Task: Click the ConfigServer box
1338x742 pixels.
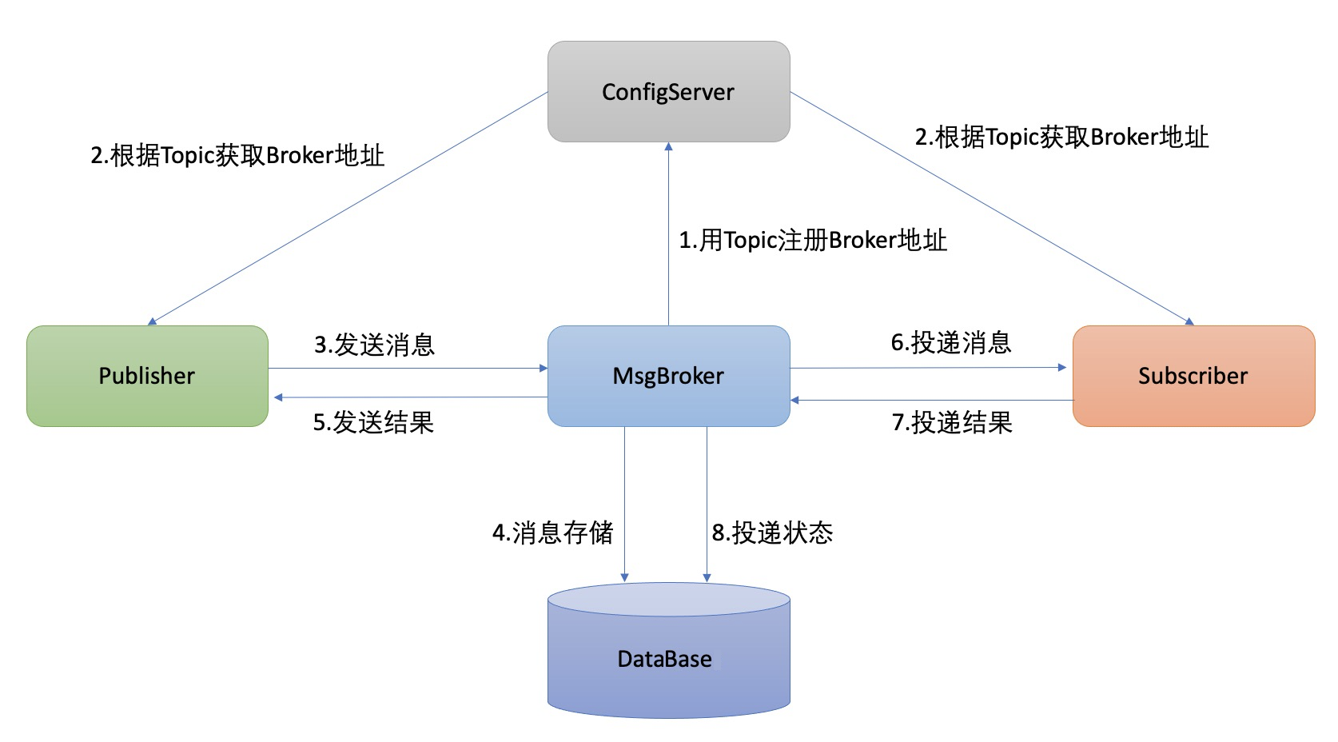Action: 668,91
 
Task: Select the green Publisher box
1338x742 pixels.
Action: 147,376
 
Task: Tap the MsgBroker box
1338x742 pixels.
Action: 668,376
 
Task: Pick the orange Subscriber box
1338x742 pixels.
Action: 1193,376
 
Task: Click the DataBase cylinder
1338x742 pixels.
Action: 668,650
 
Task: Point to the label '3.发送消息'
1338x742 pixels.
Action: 375,345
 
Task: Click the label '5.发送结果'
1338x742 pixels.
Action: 373,422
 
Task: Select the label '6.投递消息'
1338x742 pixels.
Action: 951,343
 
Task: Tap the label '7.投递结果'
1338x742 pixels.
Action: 952,422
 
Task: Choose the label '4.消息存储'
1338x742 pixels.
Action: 552,533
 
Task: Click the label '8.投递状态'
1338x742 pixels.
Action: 772,533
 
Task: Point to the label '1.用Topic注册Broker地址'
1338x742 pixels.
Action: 813,240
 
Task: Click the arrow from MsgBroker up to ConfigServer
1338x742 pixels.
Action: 668,233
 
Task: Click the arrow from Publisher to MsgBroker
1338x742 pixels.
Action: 408,368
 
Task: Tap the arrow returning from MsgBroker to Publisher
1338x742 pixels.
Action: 411,397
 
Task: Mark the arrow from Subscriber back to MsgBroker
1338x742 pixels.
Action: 932,401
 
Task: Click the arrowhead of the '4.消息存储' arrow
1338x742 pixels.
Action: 624,578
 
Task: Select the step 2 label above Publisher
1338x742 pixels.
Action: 237,155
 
